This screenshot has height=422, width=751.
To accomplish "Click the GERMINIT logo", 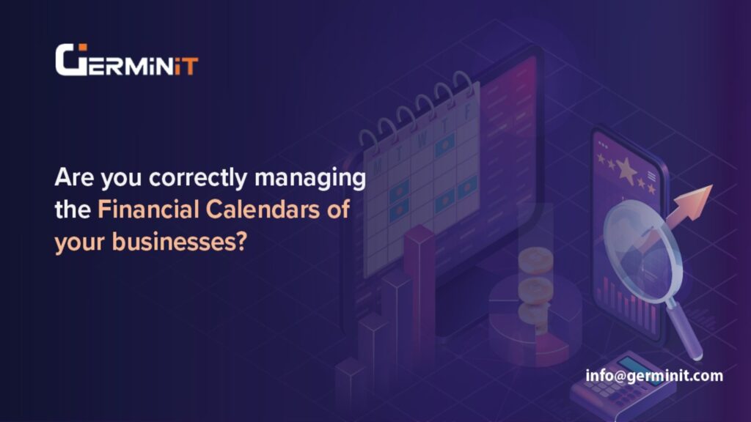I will (x=126, y=60).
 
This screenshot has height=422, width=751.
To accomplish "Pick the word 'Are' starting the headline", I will (x=71, y=178).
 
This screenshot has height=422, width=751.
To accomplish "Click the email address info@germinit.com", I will (x=654, y=376).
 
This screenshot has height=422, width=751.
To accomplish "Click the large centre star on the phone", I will (x=626, y=170).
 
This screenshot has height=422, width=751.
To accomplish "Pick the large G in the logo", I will (x=72, y=60).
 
